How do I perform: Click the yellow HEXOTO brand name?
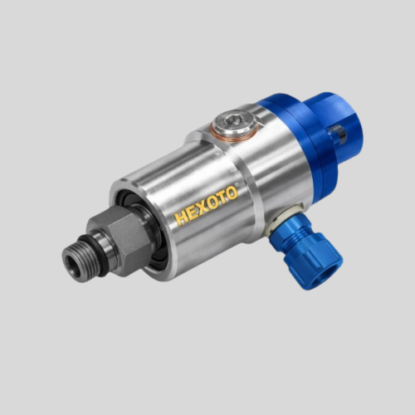pyautogui.click(x=207, y=205)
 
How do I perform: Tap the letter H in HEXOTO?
pyautogui.click(x=183, y=217)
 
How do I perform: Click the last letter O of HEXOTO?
pyautogui.click(x=232, y=193)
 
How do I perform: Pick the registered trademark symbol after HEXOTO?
pyautogui.click(x=237, y=183)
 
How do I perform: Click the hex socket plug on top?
pyautogui.click(x=235, y=122)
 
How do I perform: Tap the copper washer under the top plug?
pyautogui.click(x=234, y=130)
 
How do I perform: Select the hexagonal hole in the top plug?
pyautogui.click(x=231, y=120)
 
